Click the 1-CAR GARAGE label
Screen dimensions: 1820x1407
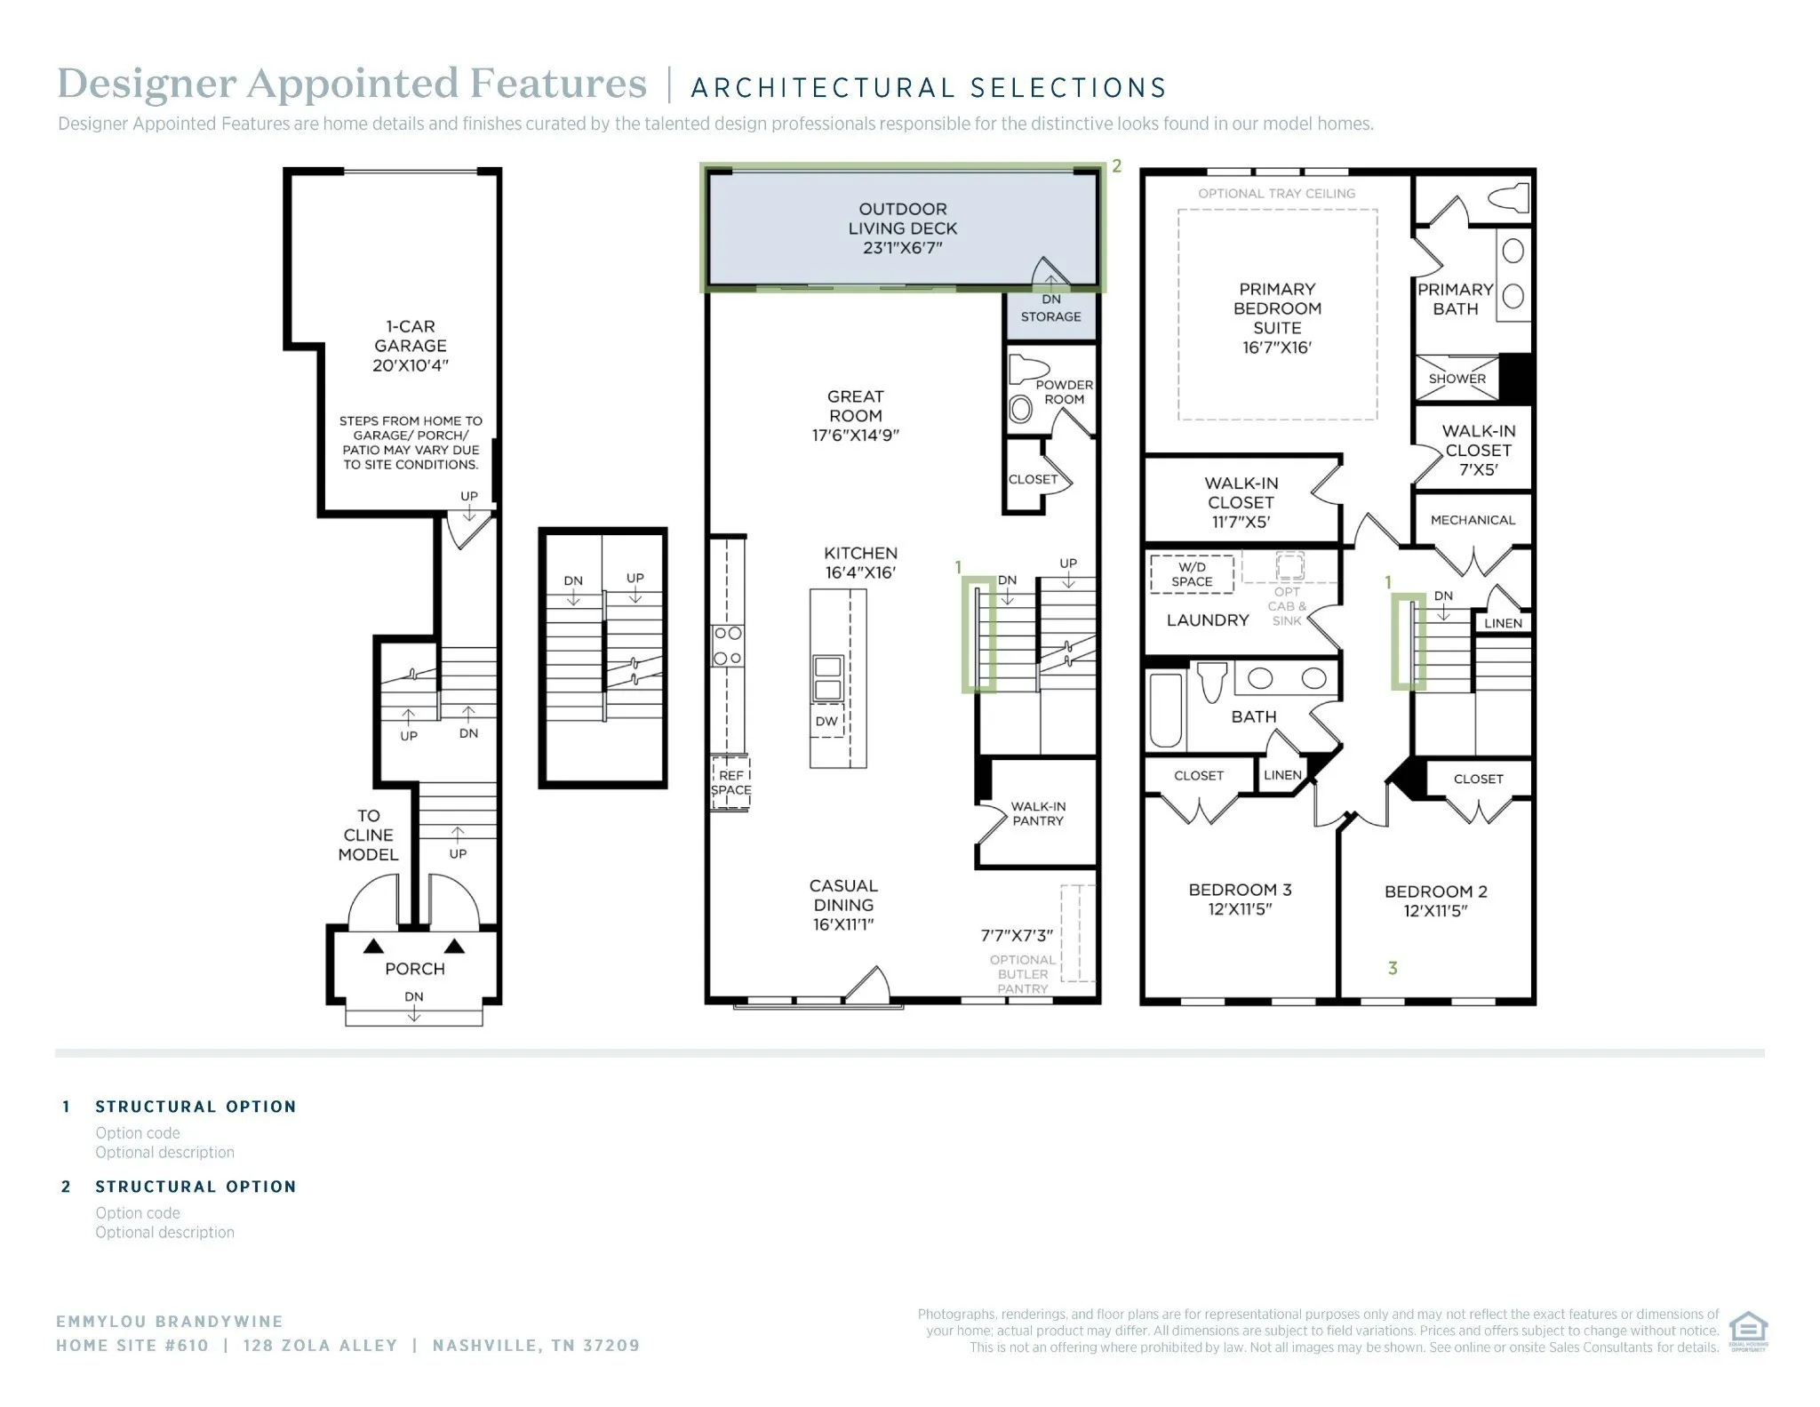(411, 336)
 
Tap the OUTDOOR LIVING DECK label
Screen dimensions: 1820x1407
(902, 219)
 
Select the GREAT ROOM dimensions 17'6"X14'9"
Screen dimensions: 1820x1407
(855, 436)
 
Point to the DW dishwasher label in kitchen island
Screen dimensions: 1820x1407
(826, 721)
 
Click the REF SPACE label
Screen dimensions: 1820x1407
(730, 783)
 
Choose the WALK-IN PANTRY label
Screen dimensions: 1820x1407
(1038, 813)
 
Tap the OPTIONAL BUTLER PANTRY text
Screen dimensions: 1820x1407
(1023, 974)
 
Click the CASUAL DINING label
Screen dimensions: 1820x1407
(843, 895)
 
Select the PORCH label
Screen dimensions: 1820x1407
(415, 969)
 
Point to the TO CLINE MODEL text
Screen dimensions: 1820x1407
(368, 835)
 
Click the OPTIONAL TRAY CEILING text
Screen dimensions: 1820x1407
(1276, 193)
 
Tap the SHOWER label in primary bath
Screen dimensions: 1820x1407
(1457, 379)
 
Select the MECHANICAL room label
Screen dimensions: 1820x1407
(1473, 520)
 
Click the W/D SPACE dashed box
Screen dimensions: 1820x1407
(1192, 574)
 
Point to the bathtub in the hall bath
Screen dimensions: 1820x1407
(1167, 710)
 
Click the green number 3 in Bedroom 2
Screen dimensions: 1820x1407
(1393, 968)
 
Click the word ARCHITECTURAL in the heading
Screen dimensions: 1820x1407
(822, 88)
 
